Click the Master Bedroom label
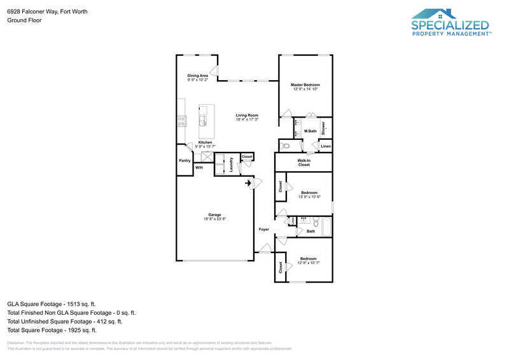(x=305, y=85)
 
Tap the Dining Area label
(x=197, y=76)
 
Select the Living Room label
(x=246, y=115)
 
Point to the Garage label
(x=214, y=214)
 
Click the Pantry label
(x=185, y=160)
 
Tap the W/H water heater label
(x=199, y=167)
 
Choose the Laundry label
(x=231, y=163)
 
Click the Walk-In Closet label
(x=303, y=162)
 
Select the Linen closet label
(x=325, y=147)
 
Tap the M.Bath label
(x=310, y=131)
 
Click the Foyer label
(x=263, y=229)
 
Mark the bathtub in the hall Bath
(x=325, y=227)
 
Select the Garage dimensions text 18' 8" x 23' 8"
(x=214, y=219)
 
